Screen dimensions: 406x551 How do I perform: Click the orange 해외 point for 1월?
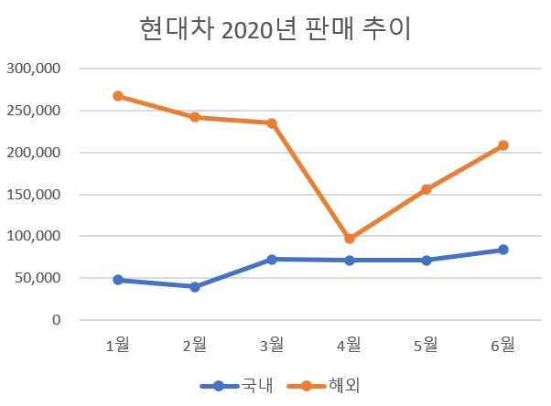[x=118, y=96]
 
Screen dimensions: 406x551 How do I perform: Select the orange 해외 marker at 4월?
[x=349, y=239]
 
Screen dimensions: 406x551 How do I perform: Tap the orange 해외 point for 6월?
[x=503, y=145]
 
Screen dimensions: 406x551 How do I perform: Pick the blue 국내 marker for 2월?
[x=195, y=287]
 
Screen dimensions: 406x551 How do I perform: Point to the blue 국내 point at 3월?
[x=272, y=260]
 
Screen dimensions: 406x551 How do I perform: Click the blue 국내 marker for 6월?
[x=503, y=250]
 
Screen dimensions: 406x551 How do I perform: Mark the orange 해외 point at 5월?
[x=427, y=189]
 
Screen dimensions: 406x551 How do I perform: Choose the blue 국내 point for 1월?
[x=118, y=280]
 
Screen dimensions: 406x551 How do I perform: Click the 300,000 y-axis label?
[x=34, y=69]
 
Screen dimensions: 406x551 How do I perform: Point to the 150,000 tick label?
[x=34, y=195]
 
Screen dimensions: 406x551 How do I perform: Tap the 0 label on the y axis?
[x=57, y=320]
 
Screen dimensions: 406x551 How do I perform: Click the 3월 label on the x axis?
[x=272, y=345]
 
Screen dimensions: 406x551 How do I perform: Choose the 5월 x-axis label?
[x=427, y=345]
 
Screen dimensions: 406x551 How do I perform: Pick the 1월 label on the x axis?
[x=118, y=345]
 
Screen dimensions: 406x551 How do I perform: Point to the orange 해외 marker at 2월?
[x=195, y=117]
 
